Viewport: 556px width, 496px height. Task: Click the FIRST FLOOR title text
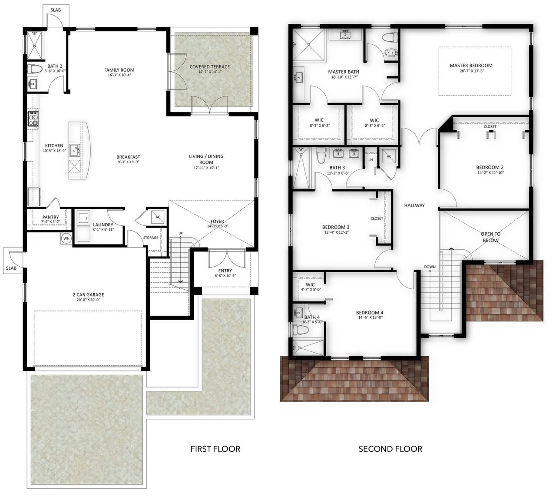point(215,449)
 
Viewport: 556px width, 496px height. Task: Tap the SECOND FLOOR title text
point(390,449)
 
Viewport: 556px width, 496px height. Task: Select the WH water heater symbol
point(66,238)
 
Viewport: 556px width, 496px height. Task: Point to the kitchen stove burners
point(33,119)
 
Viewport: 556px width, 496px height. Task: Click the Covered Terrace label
point(210,67)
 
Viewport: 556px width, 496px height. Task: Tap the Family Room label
point(119,70)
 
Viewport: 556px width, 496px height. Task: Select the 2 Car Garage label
point(88,294)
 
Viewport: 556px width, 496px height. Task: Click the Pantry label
point(50,217)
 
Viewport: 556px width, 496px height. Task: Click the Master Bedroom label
point(471,66)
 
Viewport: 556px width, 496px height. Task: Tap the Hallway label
point(414,205)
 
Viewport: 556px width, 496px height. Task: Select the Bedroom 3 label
point(336,227)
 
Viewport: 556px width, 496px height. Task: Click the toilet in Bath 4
point(301,331)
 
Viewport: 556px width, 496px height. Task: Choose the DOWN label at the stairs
point(430,267)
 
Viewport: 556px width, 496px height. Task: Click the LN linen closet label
point(371,160)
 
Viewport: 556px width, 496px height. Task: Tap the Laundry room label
point(103,225)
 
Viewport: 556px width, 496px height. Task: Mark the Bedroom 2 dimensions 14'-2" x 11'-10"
point(490,172)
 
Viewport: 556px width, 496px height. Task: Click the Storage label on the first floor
point(151,238)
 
